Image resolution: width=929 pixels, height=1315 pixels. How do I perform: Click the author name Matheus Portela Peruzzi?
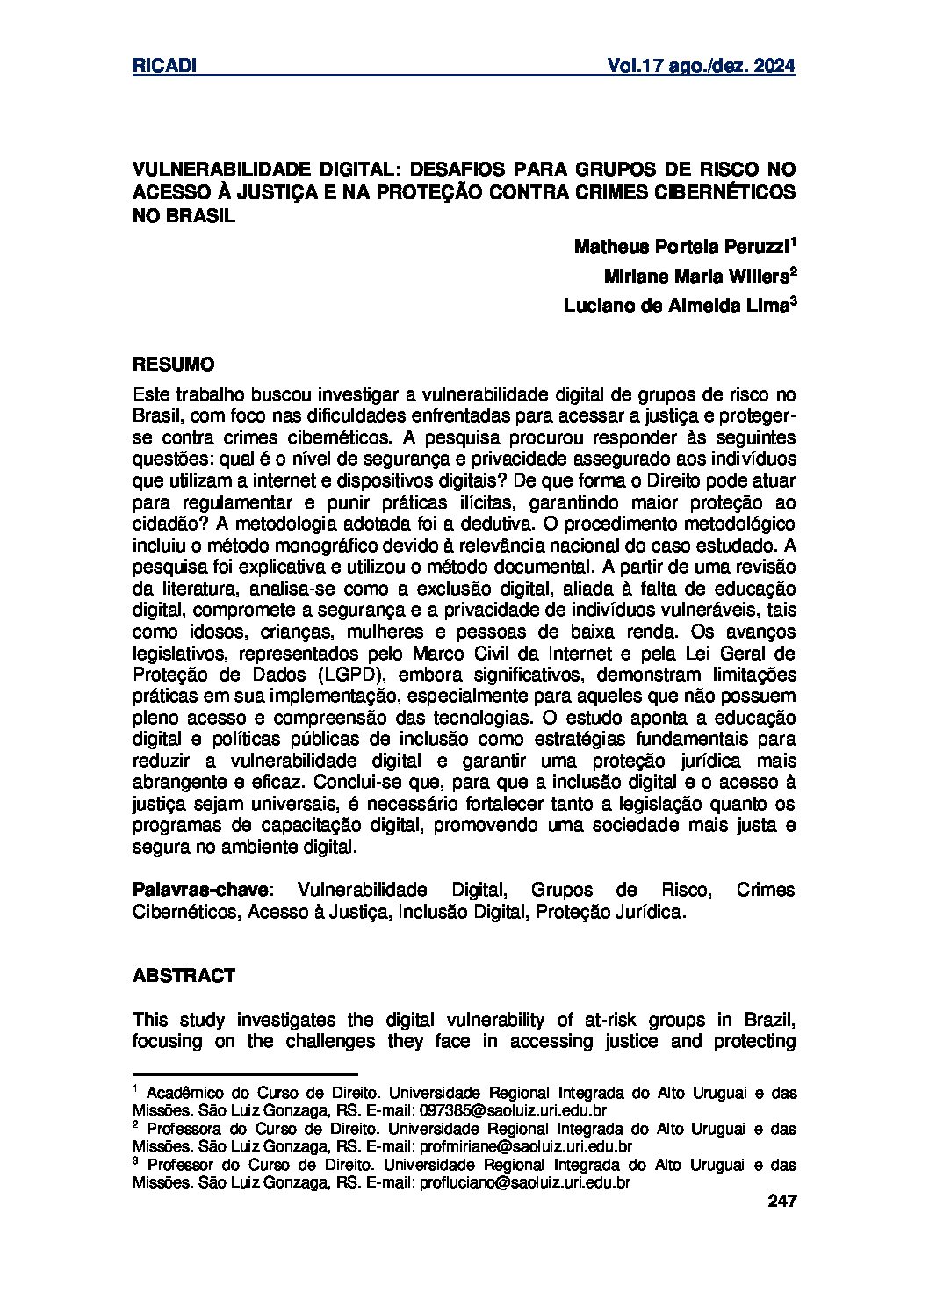681,246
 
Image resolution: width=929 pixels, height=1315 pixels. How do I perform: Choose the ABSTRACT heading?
184,975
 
